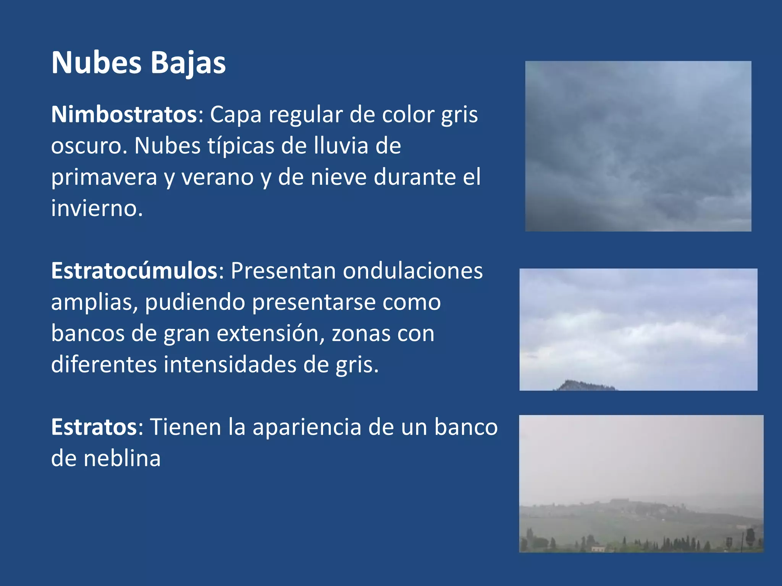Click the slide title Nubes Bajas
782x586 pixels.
138,63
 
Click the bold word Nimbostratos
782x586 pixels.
124,114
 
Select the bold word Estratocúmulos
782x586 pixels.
134,271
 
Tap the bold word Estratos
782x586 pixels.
94,427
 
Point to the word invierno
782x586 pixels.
97,208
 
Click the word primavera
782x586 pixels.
104,177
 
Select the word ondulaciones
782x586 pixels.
412,271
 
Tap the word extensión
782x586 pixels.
270,333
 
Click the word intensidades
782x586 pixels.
230,365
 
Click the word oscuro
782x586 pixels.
89,146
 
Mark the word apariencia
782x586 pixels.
307,427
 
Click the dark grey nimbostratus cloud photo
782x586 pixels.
638,146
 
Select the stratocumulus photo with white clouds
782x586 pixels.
638,324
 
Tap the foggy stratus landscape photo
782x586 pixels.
641,483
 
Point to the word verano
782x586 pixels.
217,177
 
